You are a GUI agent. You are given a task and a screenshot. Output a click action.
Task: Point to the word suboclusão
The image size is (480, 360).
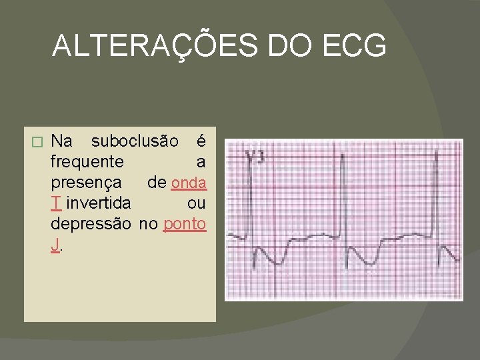135,141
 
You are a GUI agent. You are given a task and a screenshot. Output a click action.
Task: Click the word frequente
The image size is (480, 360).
87,162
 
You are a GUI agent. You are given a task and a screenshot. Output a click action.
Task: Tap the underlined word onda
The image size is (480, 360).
189,182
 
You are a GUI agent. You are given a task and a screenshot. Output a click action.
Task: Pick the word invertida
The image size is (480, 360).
98,203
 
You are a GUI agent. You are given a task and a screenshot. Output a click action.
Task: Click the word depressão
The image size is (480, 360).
91,223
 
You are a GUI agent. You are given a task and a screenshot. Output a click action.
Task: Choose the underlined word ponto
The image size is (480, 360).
185,223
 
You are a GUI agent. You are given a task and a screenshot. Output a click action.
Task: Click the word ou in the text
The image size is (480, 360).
197,203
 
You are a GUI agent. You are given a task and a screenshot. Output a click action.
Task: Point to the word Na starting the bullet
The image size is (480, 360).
62,141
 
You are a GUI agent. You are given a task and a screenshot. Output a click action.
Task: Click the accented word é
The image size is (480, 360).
201,141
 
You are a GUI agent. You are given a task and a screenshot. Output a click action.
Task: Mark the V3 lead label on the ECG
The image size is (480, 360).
255,157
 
